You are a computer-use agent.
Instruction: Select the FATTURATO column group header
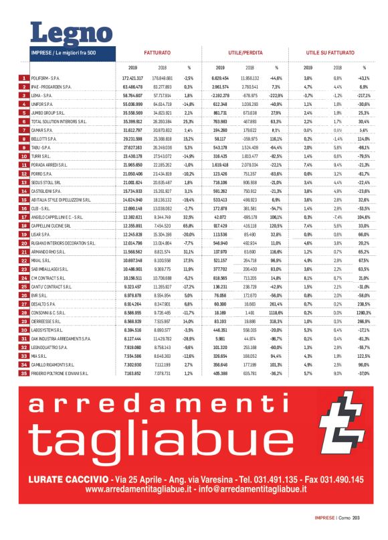point(157,52)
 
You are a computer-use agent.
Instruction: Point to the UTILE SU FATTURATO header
point(328,52)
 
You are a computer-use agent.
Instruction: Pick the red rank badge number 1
point(23,78)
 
